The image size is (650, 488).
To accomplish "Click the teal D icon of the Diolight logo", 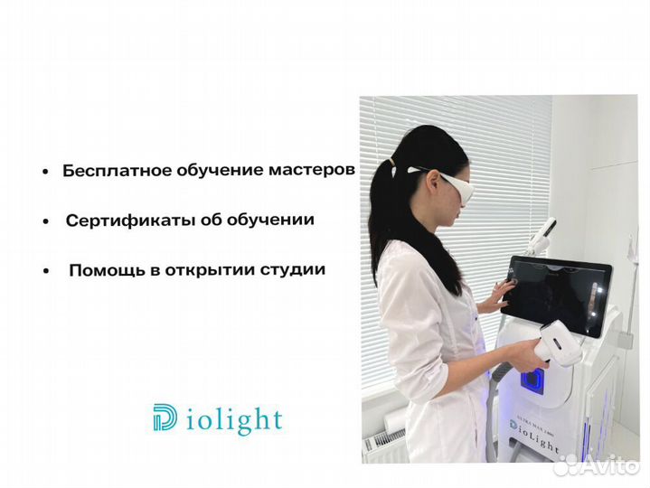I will pos(165,418).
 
